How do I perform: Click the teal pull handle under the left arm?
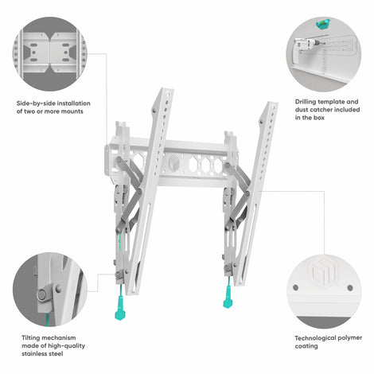pyautogui.click(x=119, y=313)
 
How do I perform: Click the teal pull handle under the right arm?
pyautogui.click(x=228, y=301)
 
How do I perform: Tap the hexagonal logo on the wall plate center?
pyautogui.click(x=173, y=163)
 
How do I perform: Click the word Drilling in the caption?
pyautogui.click(x=306, y=102)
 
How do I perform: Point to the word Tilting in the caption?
pyautogui.click(x=30, y=338)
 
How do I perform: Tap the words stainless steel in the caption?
pyautogui.click(x=42, y=354)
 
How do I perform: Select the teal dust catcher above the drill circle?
pyautogui.click(x=323, y=23)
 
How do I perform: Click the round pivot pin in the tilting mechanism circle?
pyautogui.click(x=41, y=294)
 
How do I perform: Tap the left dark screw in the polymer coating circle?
pyautogui.click(x=295, y=287)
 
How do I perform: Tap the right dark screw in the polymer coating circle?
pyautogui.click(x=350, y=288)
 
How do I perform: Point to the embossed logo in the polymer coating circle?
pyautogui.click(x=324, y=272)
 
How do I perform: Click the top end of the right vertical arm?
pyautogui.click(x=272, y=103)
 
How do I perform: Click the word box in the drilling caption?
pyautogui.click(x=319, y=118)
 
